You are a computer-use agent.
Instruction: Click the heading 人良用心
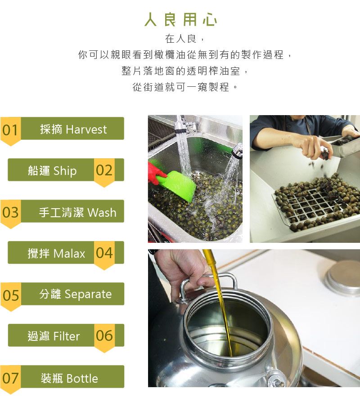(x=180, y=19)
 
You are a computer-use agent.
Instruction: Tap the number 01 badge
(x=10, y=131)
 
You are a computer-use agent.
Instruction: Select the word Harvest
(x=86, y=130)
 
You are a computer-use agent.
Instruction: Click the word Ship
(x=65, y=171)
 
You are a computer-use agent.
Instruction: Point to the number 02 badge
(x=104, y=172)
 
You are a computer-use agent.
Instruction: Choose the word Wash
(x=102, y=213)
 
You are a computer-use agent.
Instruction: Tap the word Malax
(x=69, y=254)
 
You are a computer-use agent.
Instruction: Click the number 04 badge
(x=104, y=255)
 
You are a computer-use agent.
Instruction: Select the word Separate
(x=88, y=295)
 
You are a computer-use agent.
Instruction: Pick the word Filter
(x=67, y=336)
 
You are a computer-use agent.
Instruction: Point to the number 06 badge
(x=104, y=338)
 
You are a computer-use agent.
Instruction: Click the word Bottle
(x=82, y=379)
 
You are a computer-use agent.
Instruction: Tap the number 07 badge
(x=10, y=380)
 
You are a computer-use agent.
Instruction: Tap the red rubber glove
(x=154, y=173)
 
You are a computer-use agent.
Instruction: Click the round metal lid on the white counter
(x=342, y=277)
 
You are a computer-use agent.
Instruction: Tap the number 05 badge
(x=10, y=296)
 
